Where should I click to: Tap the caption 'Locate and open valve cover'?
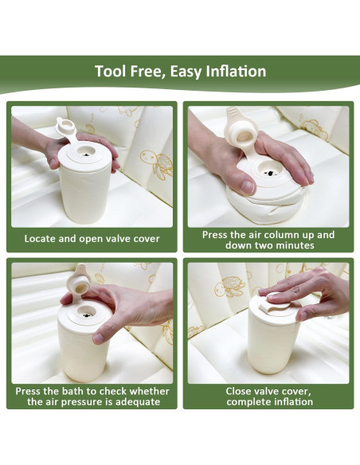(x=92, y=238)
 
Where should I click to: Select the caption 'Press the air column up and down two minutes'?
(x=268, y=240)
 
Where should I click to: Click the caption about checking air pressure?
(x=92, y=396)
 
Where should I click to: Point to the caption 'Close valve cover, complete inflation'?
(x=268, y=396)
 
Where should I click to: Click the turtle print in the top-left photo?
(x=155, y=163)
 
